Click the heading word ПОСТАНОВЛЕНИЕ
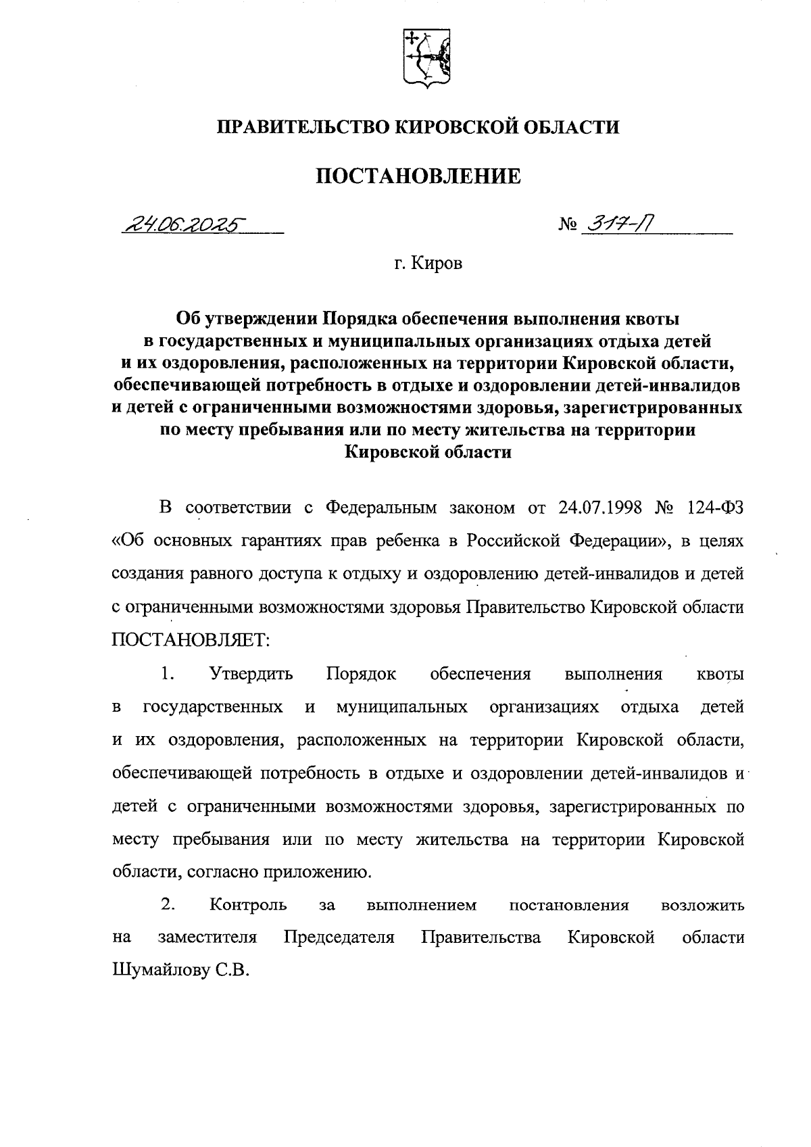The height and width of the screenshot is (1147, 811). [x=418, y=176]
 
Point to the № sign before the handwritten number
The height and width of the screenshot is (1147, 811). [x=567, y=226]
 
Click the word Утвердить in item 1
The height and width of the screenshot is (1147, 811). [x=251, y=674]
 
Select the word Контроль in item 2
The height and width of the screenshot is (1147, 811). [x=248, y=905]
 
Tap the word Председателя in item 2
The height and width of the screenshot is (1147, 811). [x=339, y=938]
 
